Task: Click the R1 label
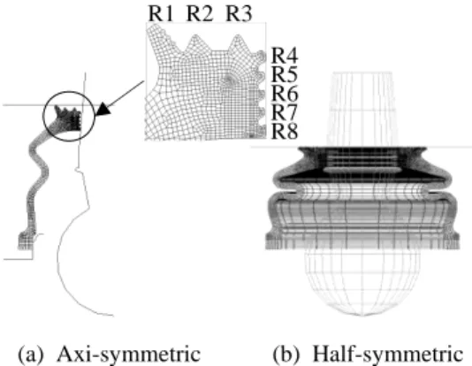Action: [161, 13]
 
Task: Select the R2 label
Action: [200, 13]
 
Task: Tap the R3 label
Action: [239, 13]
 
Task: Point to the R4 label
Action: [285, 56]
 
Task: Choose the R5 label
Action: [285, 74]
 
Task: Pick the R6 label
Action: [285, 94]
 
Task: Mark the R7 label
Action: [285, 112]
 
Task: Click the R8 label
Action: [285, 131]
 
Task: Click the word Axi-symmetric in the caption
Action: [129, 354]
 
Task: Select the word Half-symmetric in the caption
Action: [388, 354]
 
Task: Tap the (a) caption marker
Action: [31, 355]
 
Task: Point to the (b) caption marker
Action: [286, 355]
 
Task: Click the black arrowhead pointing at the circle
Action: [103, 109]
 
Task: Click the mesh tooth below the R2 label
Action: [195, 43]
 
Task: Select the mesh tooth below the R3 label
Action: [237, 43]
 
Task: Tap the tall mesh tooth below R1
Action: [157, 38]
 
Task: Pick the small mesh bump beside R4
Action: [262, 56]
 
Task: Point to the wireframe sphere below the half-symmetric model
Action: [362, 282]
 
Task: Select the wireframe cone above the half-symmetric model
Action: [362, 110]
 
